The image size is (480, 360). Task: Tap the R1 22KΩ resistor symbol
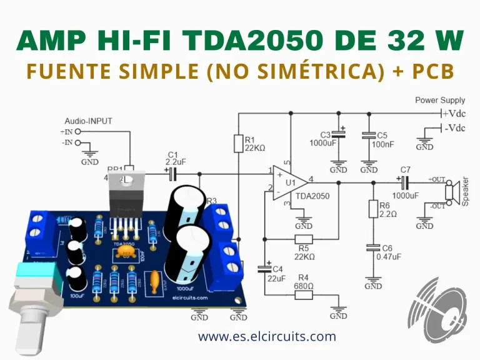point(238,144)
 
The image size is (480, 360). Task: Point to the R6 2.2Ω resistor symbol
point(374,209)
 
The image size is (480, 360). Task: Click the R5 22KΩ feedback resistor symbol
point(303,239)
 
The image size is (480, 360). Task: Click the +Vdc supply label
point(454,113)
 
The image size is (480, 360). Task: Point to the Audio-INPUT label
point(88,121)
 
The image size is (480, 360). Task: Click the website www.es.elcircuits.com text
point(267,337)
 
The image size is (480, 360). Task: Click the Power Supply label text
point(440,100)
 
